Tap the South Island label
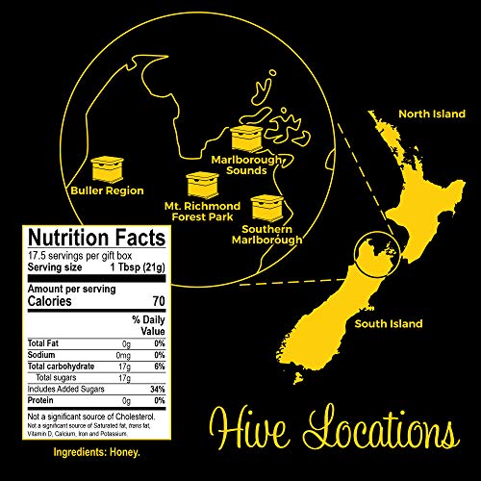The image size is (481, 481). [x=388, y=323]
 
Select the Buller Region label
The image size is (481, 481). [x=107, y=190]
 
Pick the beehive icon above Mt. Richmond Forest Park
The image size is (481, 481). [x=202, y=183]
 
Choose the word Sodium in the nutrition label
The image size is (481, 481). [x=43, y=354]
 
